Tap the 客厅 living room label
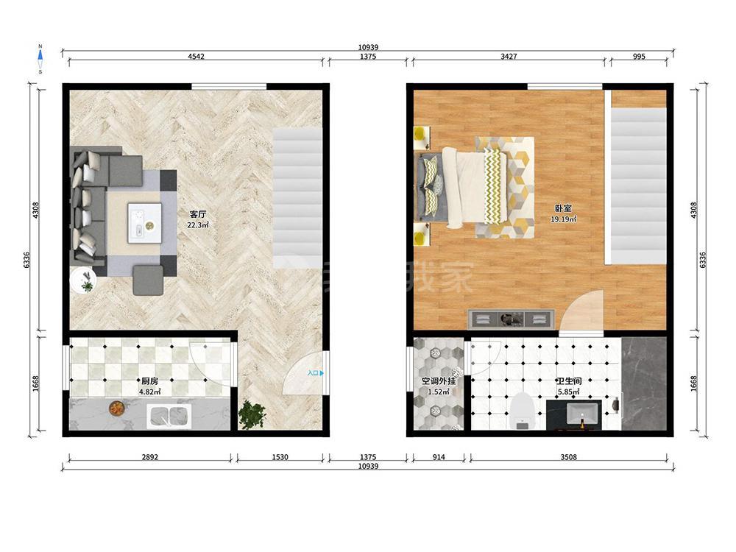pos(197,214)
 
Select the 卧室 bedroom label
pos(563,208)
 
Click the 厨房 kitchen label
pos(149,381)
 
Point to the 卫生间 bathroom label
pos(568,381)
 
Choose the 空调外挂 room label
pos(439,381)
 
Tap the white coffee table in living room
pos(145,223)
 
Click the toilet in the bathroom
pos(522,411)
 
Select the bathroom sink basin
pos(582,414)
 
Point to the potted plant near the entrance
pos(252,414)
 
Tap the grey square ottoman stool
pos(148,280)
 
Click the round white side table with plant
pos(84,280)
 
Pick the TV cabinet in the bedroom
pos(512,319)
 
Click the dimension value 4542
pos(197,57)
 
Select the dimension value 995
pos(639,57)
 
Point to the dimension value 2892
pos(150,457)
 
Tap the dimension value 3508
pos(568,457)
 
